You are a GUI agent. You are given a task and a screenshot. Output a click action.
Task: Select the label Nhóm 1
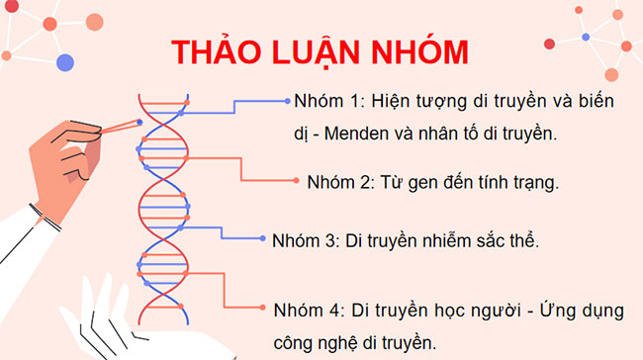[322, 103]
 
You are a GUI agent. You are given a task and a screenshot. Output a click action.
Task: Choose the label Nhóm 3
[305, 240]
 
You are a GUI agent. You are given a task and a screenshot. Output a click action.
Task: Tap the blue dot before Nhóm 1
[288, 101]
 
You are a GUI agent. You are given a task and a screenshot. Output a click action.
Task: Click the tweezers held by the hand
[117, 127]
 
